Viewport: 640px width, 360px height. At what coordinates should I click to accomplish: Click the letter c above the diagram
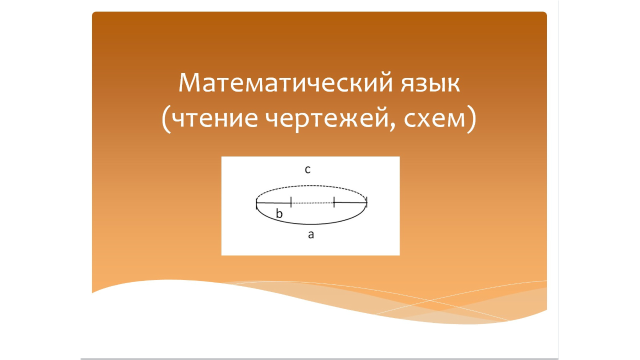pos(308,170)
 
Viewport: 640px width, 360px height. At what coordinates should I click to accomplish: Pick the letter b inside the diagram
pos(279,214)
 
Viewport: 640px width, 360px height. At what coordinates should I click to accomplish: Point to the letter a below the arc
pos(310,234)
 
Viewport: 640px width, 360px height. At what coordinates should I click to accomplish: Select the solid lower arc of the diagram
pos(311,223)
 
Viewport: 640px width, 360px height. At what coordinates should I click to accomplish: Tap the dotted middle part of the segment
pos(312,203)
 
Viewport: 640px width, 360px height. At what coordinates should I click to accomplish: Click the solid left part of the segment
pos(273,202)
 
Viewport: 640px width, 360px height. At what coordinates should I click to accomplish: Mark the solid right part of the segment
pos(350,202)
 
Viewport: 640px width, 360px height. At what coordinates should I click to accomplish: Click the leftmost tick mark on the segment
pos(256,202)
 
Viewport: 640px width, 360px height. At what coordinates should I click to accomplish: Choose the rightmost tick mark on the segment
pos(366,202)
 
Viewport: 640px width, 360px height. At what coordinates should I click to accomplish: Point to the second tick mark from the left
pos(291,202)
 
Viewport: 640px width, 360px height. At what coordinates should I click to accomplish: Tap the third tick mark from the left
pos(334,202)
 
